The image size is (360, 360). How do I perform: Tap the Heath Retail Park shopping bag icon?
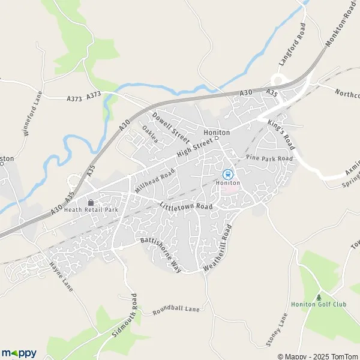91,202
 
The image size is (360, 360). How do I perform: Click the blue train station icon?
227,174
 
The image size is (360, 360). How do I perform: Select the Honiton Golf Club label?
319,304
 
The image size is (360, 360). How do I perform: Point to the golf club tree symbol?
319,296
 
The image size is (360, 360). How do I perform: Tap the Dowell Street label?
171,124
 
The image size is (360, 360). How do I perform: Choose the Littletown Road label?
187,206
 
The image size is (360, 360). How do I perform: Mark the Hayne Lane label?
61,277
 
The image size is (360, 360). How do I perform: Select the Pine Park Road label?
269,157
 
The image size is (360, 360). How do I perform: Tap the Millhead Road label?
155,178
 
